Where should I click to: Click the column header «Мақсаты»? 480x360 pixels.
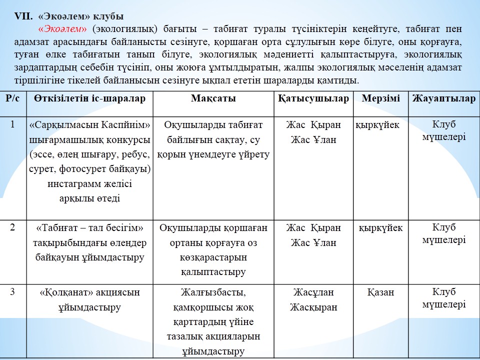[213, 98]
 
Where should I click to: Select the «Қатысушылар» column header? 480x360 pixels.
[313, 98]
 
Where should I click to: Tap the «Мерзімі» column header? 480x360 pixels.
[381, 98]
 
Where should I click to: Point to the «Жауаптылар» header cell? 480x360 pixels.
[444, 98]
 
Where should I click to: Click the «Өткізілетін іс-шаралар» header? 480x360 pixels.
[90, 98]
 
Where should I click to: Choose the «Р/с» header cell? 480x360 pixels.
[13, 98]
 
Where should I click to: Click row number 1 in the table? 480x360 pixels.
[12, 124]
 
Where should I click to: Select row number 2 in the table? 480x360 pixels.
[12, 227]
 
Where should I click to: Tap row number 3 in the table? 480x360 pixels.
[12, 292]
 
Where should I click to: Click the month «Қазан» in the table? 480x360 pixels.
[380, 292]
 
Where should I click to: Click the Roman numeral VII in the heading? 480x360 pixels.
[23, 15]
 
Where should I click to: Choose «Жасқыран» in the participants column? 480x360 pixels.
[313, 307]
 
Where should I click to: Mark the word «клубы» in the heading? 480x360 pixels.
[109, 15]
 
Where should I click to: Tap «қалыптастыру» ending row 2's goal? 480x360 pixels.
[213, 272]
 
